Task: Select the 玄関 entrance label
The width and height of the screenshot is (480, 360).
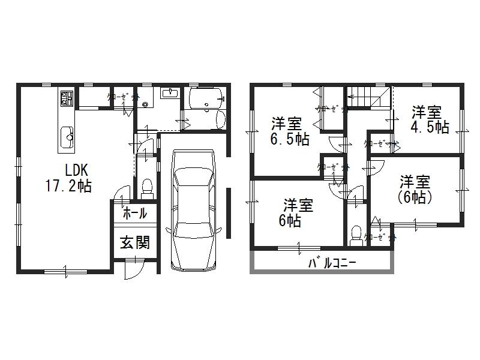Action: (134, 243)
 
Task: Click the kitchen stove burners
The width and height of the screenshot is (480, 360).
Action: (65, 97)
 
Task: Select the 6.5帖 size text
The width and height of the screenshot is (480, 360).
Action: (290, 139)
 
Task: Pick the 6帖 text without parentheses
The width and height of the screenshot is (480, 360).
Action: (290, 221)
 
